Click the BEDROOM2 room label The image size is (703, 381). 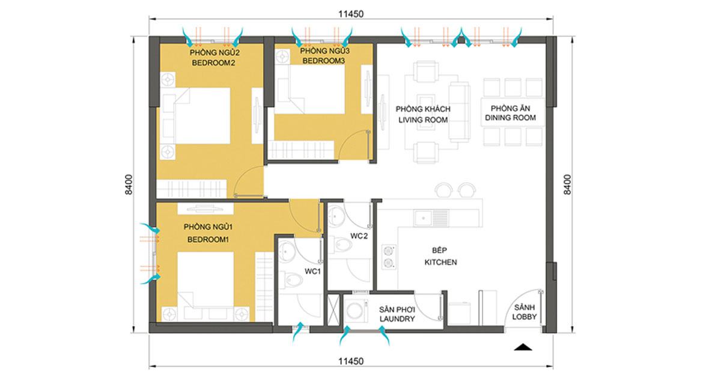pyautogui.click(x=213, y=63)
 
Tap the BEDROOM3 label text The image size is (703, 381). pyautogui.click(x=323, y=61)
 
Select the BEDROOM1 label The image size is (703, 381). pyautogui.click(x=208, y=240)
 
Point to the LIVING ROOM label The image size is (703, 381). pyautogui.click(x=423, y=120)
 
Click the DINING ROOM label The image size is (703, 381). pyautogui.click(x=510, y=118)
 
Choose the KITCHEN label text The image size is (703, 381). pyautogui.click(x=440, y=262)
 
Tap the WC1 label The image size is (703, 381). pyautogui.click(x=312, y=271)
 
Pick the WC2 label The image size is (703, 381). pyautogui.click(x=359, y=236)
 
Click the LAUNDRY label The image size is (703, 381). pyautogui.click(x=397, y=319)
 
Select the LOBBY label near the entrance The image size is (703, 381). pyautogui.click(x=524, y=317)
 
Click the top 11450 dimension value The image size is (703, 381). pyautogui.click(x=351, y=14)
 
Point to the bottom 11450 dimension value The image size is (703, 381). pyautogui.click(x=351, y=361)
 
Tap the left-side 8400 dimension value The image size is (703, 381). pyautogui.click(x=129, y=184)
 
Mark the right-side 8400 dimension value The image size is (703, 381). pyautogui.click(x=568, y=184)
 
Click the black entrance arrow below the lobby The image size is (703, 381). pyautogui.click(x=523, y=347)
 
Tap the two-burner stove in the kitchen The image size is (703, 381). pyautogui.click(x=388, y=257)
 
